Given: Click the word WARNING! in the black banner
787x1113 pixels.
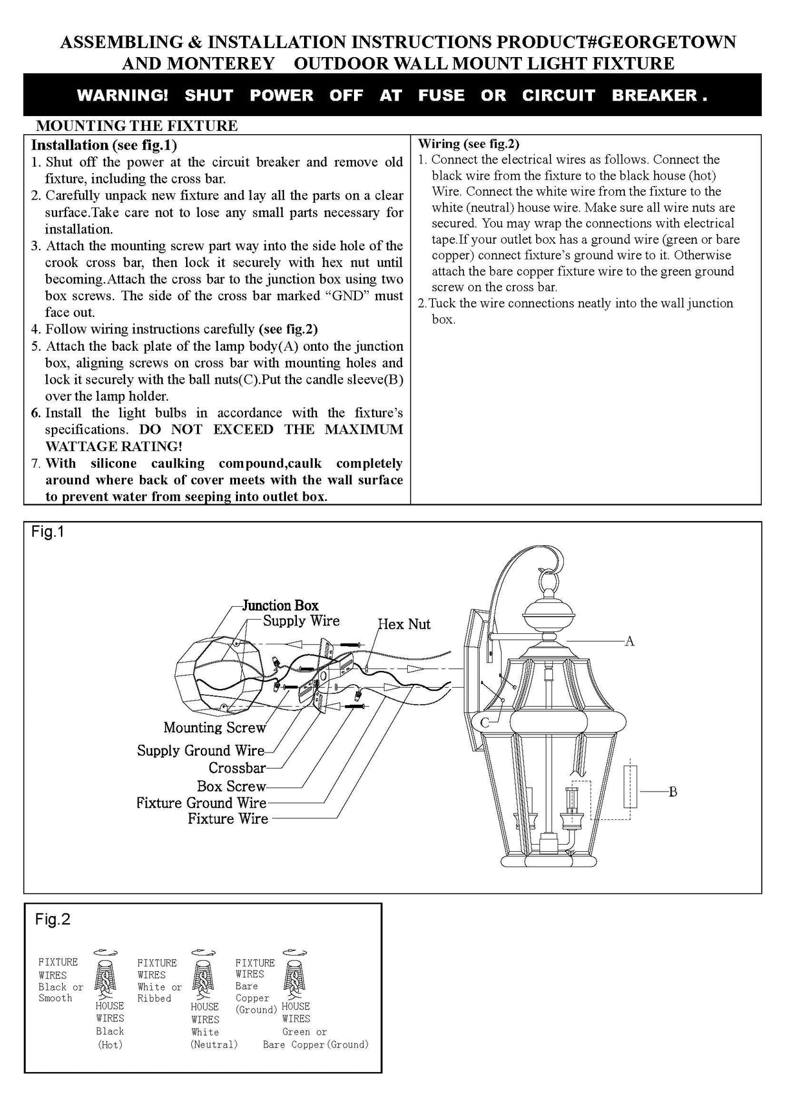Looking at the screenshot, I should click(x=122, y=95).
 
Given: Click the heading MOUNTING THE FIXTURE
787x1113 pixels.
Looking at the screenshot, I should click(x=136, y=126).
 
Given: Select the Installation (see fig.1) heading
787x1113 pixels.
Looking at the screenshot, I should click(x=104, y=145).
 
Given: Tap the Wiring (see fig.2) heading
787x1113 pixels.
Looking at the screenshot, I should click(x=469, y=143).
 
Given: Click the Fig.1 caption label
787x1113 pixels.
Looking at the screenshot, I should click(x=48, y=532).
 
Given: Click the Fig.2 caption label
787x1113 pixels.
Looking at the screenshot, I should click(x=53, y=919).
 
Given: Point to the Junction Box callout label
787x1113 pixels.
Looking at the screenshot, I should click(x=280, y=605).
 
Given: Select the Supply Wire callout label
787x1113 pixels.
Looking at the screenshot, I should click(x=301, y=621).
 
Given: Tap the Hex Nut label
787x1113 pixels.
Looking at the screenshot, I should click(x=404, y=624).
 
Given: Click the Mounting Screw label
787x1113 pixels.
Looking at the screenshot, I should click(x=215, y=728).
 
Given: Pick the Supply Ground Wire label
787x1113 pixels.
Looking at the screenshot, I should click(x=200, y=751).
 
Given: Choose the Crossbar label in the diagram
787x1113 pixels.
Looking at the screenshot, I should click(x=237, y=768).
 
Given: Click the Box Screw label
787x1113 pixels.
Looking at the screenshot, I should click(x=231, y=786).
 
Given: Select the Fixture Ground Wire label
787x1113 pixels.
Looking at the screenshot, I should click(x=201, y=803).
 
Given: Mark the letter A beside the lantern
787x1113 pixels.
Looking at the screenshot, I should click(x=629, y=641).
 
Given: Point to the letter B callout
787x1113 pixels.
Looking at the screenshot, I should click(x=673, y=791).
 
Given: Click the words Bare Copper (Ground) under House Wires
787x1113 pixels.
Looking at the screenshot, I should click(x=316, y=1044).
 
